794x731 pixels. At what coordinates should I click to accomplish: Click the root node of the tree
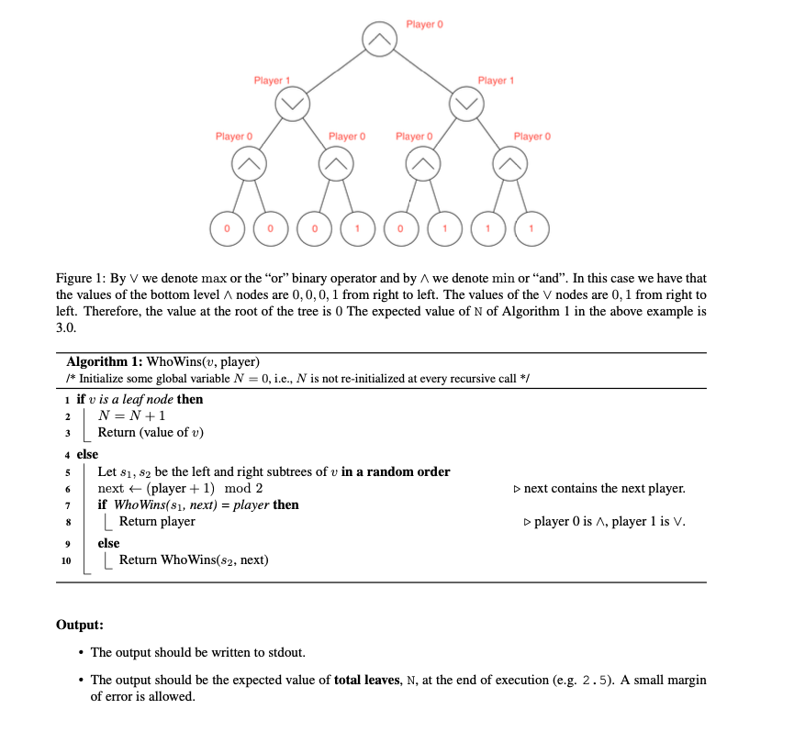[379, 40]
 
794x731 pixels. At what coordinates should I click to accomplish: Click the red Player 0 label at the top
[425, 24]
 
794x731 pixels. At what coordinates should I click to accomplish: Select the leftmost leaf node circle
[226, 226]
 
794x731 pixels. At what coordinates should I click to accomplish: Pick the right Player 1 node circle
[466, 104]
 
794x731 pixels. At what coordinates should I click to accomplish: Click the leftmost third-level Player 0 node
[249, 165]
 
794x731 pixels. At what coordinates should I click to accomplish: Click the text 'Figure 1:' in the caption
[80, 278]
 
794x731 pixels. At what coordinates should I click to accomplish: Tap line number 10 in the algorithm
[66, 560]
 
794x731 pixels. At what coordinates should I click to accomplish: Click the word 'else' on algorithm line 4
[88, 454]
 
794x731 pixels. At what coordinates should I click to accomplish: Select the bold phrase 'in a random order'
[396, 471]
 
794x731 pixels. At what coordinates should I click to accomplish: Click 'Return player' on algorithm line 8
[157, 522]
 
